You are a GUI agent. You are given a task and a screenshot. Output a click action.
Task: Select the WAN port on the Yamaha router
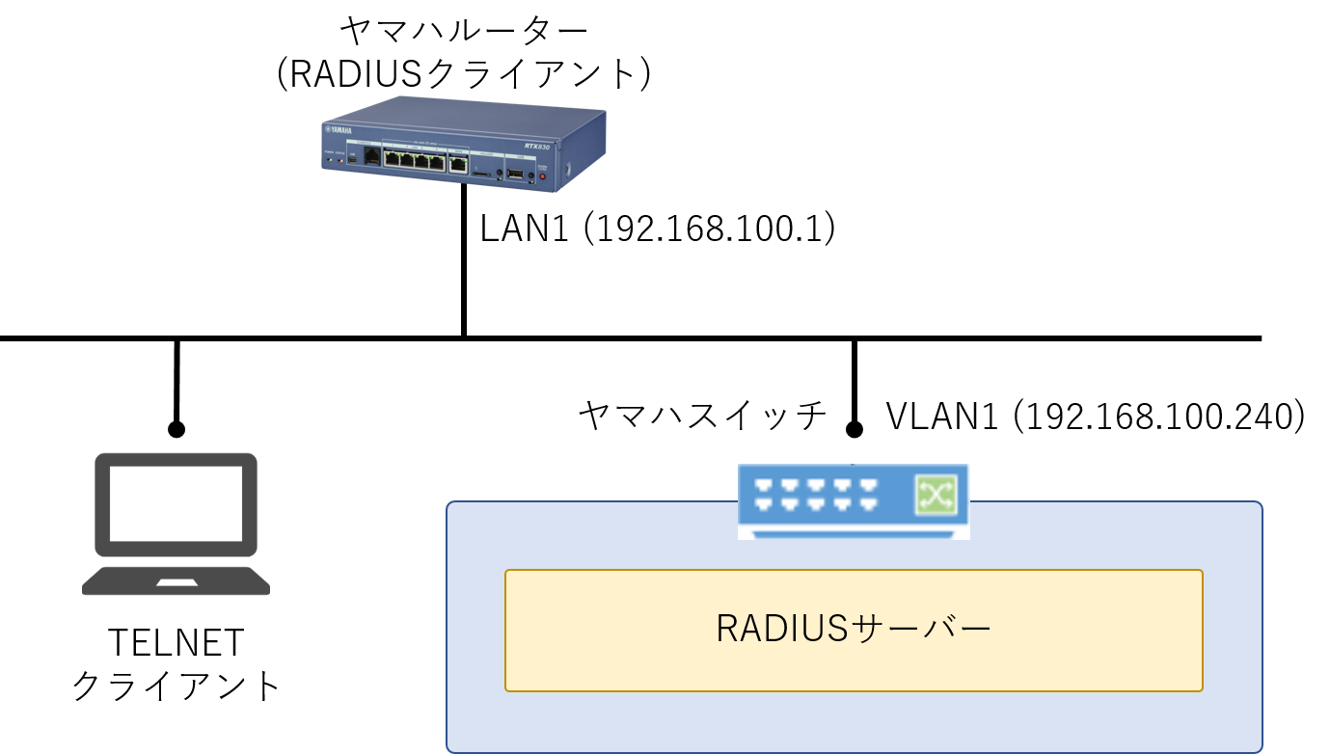(x=458, y=163)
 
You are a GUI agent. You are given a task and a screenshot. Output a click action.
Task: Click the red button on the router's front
(x=542, y=176)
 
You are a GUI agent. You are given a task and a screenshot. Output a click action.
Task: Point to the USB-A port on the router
(x=516, y=175)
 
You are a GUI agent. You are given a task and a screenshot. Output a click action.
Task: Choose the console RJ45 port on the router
(x=372, y=157)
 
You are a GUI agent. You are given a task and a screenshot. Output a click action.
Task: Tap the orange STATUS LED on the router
(x=339, y=160)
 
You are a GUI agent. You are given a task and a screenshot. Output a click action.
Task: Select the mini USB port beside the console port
(x=352, y=157)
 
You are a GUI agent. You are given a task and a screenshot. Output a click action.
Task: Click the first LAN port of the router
(x=393, y=159)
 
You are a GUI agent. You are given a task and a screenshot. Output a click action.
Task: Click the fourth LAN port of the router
(x=437, y=162)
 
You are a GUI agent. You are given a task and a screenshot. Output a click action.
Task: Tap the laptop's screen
(x=176, y=504)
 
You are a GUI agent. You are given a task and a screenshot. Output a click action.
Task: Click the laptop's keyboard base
(x=176, y=581)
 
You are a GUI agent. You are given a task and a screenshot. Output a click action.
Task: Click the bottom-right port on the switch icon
(x=868, y=504)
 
